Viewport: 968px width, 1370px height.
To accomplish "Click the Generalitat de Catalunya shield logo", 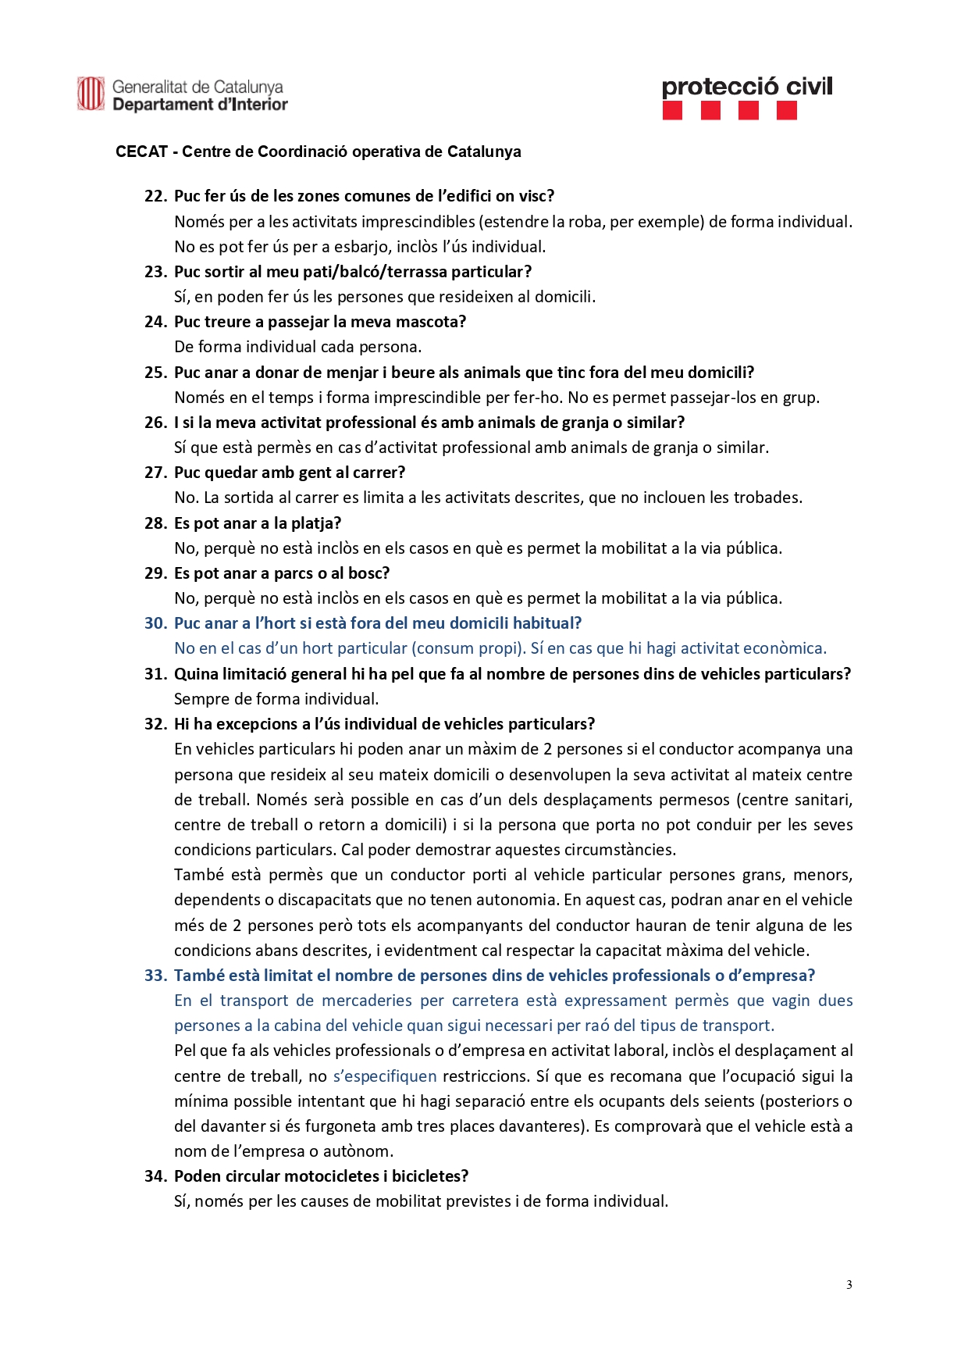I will pos(91,95).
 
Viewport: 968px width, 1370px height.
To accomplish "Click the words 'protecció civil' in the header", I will pos(747,87).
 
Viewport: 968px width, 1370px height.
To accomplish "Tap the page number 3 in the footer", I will pos(849,1285).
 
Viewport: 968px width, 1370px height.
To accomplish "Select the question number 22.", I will pos(155,196).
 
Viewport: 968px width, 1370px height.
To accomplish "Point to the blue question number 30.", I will pos(155,623).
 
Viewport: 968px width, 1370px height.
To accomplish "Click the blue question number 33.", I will pos(155,976).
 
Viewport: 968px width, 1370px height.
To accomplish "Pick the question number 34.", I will pos(155,1176).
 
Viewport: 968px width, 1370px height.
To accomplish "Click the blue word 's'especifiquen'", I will pos(385,1076).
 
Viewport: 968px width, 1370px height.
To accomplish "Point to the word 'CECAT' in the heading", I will pos(141,152).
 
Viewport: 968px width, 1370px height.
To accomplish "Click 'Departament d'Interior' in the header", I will pos(200,105).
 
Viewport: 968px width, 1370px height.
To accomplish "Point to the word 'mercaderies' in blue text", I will pos(367,1001).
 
